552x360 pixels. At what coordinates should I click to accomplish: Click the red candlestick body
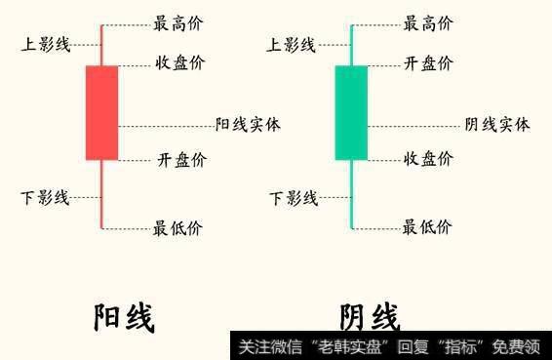tap(101, 112)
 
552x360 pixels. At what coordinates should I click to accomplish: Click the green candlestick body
tap(351, 112)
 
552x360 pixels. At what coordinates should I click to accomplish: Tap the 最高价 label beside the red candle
tap(178, 23)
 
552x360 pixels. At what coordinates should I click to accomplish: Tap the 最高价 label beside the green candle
tap(428, 23)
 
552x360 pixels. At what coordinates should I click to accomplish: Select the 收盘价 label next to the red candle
tap(180, 63)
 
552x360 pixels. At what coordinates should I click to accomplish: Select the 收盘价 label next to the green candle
tap(428, 158)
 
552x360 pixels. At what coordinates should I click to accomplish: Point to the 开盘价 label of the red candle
tap(180, 159)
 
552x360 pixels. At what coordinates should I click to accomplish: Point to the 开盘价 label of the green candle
tap(428, 63)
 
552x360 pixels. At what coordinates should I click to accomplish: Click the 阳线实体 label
tap(248, 125)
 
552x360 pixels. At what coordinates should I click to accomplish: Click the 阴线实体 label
tap(497, 125)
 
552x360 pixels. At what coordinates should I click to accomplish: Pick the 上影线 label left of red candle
tap(45, 45)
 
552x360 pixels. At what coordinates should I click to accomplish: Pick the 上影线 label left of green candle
tap(292, 45)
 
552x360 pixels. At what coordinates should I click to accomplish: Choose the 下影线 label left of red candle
tap(45, 198)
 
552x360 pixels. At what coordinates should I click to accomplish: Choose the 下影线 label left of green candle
tap(294, 199)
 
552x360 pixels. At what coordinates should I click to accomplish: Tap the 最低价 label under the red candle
tap(178, 229)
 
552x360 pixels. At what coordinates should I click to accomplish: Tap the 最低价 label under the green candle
tap(428, 228)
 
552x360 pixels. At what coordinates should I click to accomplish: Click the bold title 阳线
tap(124, 318)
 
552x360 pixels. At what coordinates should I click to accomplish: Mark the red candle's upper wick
tap(101, 45)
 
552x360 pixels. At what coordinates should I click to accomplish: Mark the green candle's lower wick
tap(351, 195)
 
